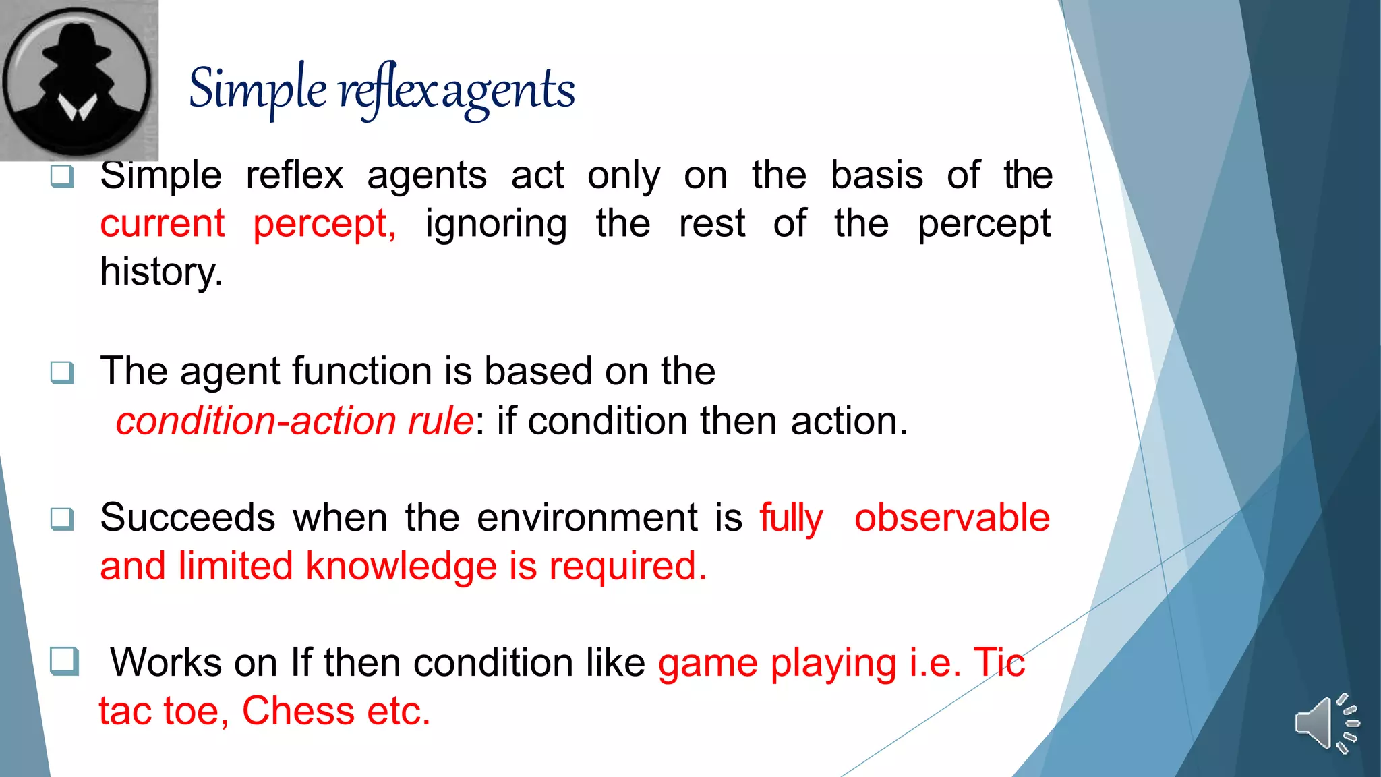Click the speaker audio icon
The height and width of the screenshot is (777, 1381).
click(1326, 723)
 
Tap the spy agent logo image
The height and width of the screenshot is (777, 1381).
click(78, 80)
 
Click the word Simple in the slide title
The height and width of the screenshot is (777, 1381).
click(258, 90)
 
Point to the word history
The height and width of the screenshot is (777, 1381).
click(160, 272)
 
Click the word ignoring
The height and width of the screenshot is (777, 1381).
click(496, 225)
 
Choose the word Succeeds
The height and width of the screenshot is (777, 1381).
click(187, 518)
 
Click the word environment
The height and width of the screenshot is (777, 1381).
click(587, 518)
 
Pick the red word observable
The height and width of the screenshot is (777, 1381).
click(951, 518)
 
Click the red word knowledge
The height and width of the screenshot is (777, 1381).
click(401, 566)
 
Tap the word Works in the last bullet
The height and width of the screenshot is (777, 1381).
click(166, 662)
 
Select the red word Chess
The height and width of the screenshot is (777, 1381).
click(298, 711)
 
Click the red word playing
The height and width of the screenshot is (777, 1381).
click(833, 664)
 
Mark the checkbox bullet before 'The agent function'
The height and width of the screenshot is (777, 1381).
click(62, 372)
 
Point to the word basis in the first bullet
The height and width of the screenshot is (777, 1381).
click(876, 176)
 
